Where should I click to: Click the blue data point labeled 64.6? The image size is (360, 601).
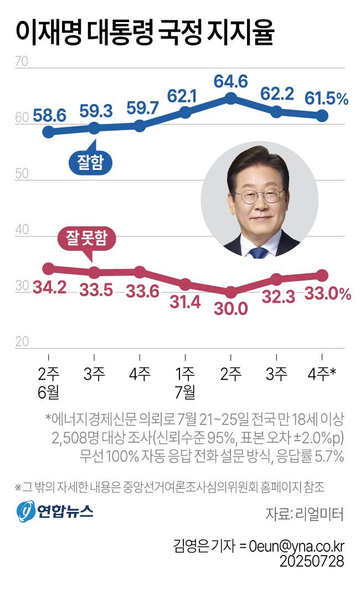pyautogui.click(x=231, y=99)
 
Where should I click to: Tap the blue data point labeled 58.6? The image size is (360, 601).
pyautogui.click(x=49, y=132)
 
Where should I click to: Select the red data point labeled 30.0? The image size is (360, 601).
pyautogui.click(x=231, y=292)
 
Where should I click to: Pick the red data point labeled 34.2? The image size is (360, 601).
pyautogui.click(x=49, y=268)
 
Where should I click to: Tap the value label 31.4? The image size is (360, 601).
pyautogui.click(x=186, y=303)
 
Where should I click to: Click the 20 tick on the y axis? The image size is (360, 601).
pyautogui.click(x=22, y=341)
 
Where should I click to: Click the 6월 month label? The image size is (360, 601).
pyautogui.click(x=49, y=392)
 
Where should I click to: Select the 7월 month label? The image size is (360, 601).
pyautogui.click(x=186, y=392)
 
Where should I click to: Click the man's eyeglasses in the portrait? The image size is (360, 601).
pyautogui.click(x=258, y=195)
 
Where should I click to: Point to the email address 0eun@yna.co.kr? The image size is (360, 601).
pyautogui.click(x=296, y=545)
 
